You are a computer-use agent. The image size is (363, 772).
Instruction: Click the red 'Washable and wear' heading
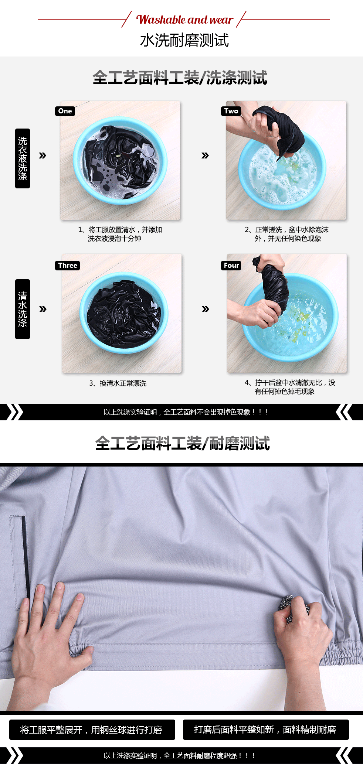(185, 20)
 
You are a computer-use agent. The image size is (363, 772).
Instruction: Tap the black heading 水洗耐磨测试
(184, 40)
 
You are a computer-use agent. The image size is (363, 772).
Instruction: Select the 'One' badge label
(65, 111)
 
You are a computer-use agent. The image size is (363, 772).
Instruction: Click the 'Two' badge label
(231, 111)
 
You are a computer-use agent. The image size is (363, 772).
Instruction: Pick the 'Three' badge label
(68, 266)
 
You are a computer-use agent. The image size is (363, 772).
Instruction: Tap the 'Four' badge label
(231, 266)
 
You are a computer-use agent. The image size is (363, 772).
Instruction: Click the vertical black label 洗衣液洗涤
(23, 158)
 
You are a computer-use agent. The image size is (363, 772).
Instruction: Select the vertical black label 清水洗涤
(23, 309)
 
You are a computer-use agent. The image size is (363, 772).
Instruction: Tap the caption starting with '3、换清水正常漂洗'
(118, 383)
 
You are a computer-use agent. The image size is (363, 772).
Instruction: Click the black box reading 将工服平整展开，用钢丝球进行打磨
(92, 730)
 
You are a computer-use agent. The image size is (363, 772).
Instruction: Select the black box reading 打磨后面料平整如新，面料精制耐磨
(265, 730)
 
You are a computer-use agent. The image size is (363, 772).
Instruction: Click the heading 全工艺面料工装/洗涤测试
(180, 78)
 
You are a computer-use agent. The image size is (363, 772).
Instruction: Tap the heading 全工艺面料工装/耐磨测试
(183, 444)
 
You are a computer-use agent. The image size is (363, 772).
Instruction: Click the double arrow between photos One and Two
(205, 156)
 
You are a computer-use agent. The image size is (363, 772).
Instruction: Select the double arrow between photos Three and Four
(206, 309)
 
